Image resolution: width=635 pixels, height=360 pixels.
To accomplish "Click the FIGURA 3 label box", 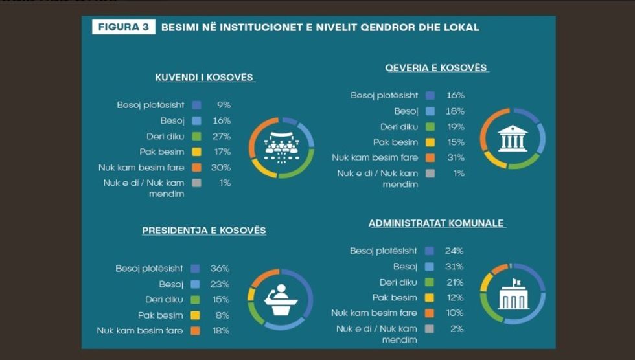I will click(123, 27).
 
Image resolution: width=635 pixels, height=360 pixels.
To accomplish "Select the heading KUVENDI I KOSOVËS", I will click(205, 78).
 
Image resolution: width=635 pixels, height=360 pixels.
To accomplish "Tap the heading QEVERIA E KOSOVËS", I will click(436, 67).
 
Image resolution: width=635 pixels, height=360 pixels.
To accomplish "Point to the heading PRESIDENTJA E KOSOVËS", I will click(204, 231).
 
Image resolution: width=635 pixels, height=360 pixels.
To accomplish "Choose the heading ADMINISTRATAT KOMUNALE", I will click(437, 223).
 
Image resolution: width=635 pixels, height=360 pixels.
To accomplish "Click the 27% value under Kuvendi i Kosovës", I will click(222, 137).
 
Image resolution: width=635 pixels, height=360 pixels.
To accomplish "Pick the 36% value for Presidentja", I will click(220, 268).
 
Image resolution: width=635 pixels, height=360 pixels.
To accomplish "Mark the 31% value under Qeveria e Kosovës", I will click(456, 157).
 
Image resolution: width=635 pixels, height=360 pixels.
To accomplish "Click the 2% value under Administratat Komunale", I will click(457, 329).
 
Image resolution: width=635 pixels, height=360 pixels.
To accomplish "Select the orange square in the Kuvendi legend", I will click(197, 168).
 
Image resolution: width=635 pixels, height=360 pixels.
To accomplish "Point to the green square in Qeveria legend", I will click(430, 127).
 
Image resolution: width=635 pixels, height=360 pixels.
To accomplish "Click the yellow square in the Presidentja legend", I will click(195, 315).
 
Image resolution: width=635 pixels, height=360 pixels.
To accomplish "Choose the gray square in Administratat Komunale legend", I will click(429, 329).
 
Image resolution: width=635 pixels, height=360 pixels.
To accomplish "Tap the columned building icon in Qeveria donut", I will click(513, 139).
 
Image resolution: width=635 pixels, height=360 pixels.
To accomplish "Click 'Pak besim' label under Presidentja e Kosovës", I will click(161, 315).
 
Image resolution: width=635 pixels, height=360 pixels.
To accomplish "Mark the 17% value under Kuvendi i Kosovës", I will click(222, 152).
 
